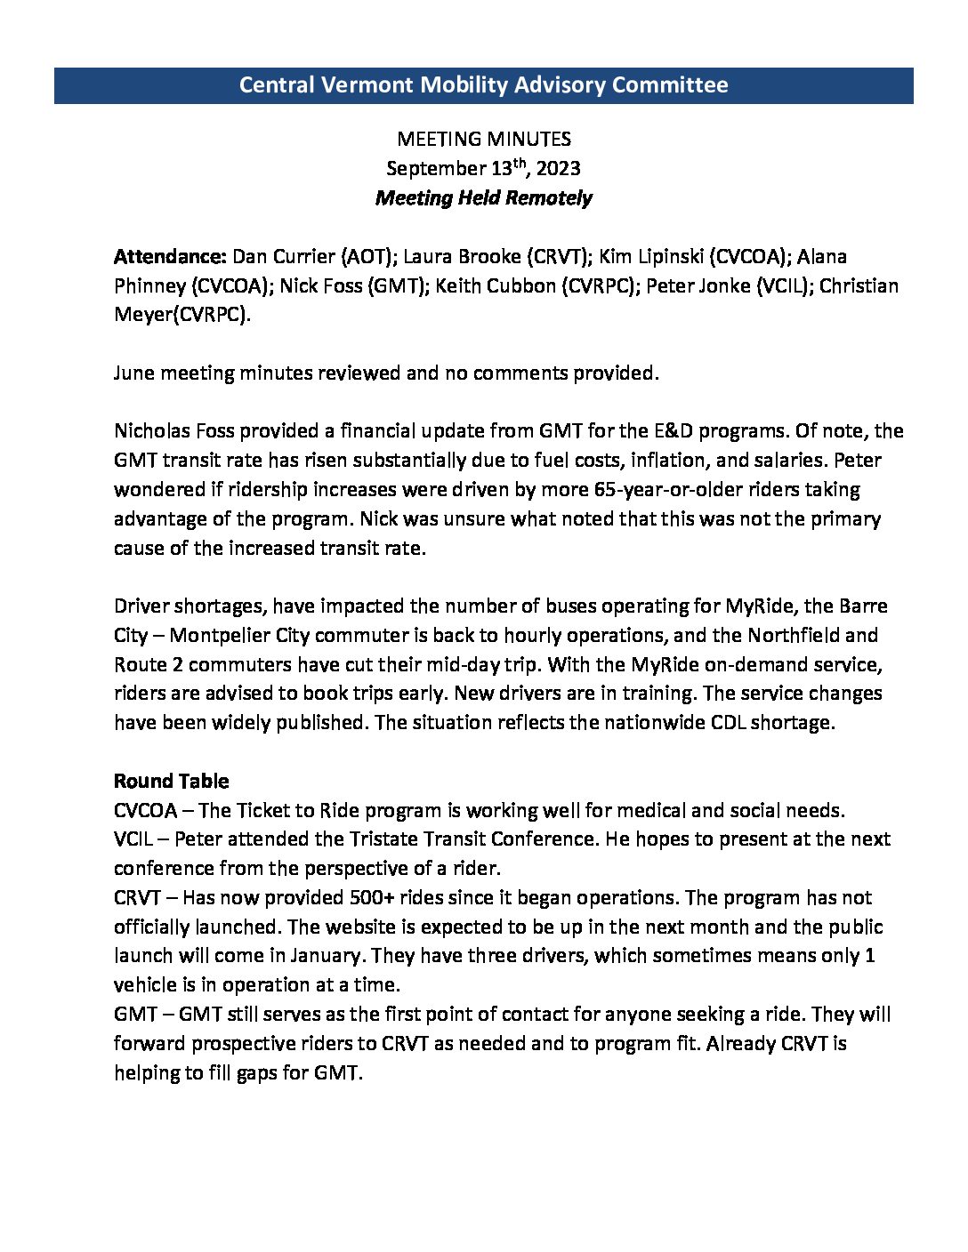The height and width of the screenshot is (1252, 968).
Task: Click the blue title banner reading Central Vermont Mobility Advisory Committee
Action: coord(483,85)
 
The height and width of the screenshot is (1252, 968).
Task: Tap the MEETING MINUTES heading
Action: coord(483,139)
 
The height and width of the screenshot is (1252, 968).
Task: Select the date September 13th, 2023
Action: coord(483,168)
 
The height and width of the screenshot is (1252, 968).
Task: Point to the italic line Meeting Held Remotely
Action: coord(483,197)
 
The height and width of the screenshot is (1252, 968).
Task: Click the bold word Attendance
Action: coord(169,257)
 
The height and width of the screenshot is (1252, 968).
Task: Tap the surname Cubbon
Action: coord(551,286)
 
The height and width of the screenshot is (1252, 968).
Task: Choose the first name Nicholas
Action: coord(153,432)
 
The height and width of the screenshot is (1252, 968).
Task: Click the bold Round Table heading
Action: coord(171,782)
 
